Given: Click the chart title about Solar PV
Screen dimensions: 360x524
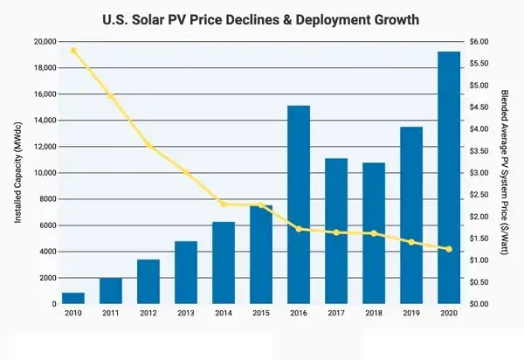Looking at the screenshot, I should (x=262, y=17).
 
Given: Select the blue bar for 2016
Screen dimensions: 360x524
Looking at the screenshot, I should (x=299, y=204).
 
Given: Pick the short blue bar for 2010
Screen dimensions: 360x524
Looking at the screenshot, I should (x=73, y=298).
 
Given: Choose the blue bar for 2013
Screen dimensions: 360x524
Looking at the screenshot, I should (x=186, y=272).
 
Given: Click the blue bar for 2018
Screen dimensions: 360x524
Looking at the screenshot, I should (x=374, y=232).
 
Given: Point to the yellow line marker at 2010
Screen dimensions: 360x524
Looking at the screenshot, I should (x=73, y=50).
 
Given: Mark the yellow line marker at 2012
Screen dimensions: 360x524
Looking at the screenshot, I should (x=149, y=145).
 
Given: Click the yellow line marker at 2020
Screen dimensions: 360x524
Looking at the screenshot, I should (x=449, y=249).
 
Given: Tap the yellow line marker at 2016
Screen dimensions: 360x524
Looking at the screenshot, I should (x=299, y=229).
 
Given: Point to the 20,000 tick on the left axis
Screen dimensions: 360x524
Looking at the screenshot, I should (x=45, y=42).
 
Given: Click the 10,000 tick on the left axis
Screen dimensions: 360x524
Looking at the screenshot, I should (x=45, y=173).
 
